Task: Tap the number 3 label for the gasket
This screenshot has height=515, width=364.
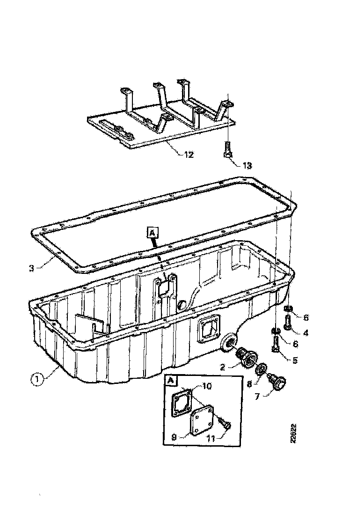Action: pos(31,268)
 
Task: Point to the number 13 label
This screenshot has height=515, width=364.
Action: pos(246,165)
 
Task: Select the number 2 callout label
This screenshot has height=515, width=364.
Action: pos(223,368)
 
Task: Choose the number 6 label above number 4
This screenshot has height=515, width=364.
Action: pos(306,318)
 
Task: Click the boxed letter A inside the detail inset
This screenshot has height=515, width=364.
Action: pos(171,382)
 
